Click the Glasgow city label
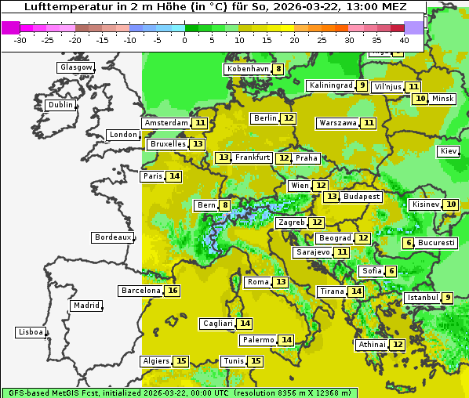point(76,67)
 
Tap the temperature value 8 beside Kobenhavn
point(278,69)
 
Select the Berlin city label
point(265,118)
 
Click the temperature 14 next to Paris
point(174,176)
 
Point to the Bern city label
point(205,205)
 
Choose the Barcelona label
point(140,291)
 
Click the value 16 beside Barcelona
point(173,291)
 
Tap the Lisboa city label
point(31,332)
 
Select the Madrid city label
point(85,306)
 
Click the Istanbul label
point(421,298)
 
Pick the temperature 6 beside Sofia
point(391,271)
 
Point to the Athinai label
point(371,345)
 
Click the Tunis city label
point(233,361)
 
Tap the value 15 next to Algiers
point(181,361)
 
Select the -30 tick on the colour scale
point(20,39)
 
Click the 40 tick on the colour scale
point(404,39)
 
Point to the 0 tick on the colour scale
point(185,39)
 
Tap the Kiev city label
point(449,151)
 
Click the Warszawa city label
point(337,123)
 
